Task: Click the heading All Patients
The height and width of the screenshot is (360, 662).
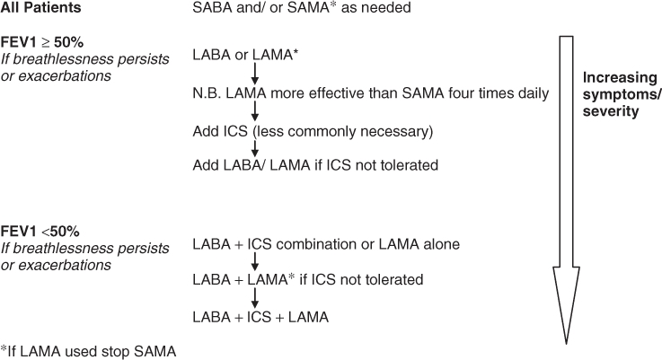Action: click(x=41, y=8)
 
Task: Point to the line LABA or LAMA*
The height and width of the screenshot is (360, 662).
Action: click(x=245, y=56)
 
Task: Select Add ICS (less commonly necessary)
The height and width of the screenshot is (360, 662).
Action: click(x=312, y=131)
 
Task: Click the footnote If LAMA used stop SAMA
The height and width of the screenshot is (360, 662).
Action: click(x=87, y=351)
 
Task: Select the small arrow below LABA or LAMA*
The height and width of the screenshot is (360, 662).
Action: click(x=255, y=74)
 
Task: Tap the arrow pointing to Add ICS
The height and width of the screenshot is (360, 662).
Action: click(x=255, y=111)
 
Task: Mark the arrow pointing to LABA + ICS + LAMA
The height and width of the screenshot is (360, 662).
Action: click(x=255, y=298)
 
